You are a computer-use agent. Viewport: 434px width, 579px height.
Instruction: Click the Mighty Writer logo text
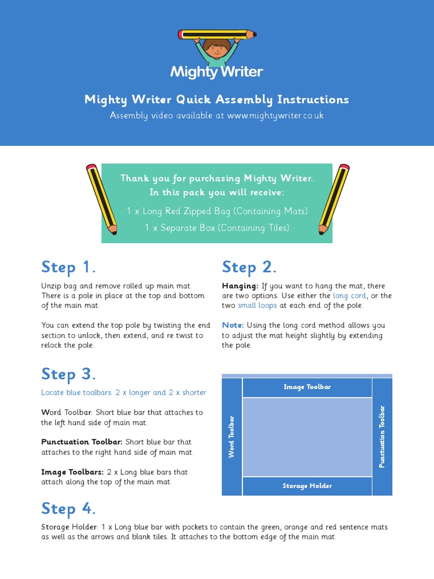pyautogui.click(x=216, y=72)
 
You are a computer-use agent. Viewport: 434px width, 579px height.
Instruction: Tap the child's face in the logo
pyautogui.click(x=216, y=47)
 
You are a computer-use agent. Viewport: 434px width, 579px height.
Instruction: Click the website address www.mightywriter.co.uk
pyautogui.click(x=276, y=115)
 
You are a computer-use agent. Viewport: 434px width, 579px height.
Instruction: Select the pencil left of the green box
pyautogui.click(x=102, y=198)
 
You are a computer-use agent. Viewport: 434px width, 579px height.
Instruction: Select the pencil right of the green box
pyautogui.click(x=334, y=198)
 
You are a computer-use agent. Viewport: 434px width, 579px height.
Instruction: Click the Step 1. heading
pyautogui.click(x=68, y=267)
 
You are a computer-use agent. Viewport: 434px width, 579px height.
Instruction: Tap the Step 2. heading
pyautogui.click(x=249, y=267)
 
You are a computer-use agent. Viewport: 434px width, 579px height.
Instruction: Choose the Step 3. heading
pyautogui.click(x=68, y=374)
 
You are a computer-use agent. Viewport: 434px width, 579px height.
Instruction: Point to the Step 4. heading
pyautogui.click(x=68, y=508)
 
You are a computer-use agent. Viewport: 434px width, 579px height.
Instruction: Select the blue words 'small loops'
pyautogui.click(x=257, y=305)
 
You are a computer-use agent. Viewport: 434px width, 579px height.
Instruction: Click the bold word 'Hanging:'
pyautogui.click(x=240, y=286)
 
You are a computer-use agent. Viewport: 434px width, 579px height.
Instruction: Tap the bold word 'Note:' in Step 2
pyautogui.click(x=233, y=325)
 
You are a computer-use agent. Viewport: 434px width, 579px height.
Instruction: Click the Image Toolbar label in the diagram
pyautogui.click(x=307, y=387)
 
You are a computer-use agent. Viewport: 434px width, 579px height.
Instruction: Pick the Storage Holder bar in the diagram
pyautogui.click(x=307, y=486)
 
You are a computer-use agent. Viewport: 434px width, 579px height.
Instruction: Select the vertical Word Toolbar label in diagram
pyautogui.click(x=232, y=437)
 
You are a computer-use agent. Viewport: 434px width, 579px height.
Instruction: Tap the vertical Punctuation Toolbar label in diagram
pyautogui.click(x=382, y=437)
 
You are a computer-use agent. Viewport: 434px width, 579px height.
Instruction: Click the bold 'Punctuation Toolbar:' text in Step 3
pyautogui.click(x=81, y=442)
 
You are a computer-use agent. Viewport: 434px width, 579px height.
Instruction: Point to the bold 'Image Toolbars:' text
pyautogui.click(x=72, y=472)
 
